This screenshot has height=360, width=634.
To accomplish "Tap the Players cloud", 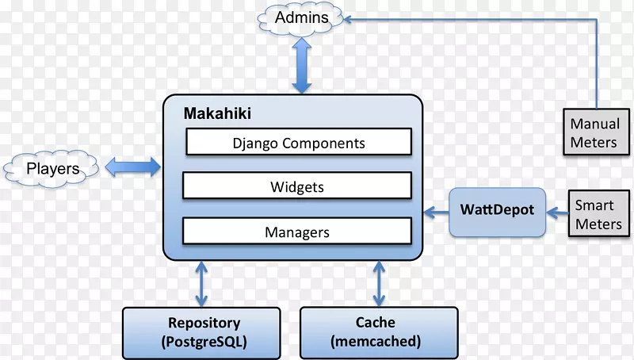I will click(x=52, y=168).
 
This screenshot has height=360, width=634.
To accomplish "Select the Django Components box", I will click(x=298, y=144).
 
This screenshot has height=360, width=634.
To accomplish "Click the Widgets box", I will click(x=298, y=187).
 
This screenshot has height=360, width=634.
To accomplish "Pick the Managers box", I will click(x=298, y=232).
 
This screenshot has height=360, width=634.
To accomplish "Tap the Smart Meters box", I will click(x=598, y=214).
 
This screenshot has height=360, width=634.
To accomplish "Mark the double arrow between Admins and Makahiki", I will click(x=302, y=68).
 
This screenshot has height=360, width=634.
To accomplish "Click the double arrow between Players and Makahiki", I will click(x=133, y=167).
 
